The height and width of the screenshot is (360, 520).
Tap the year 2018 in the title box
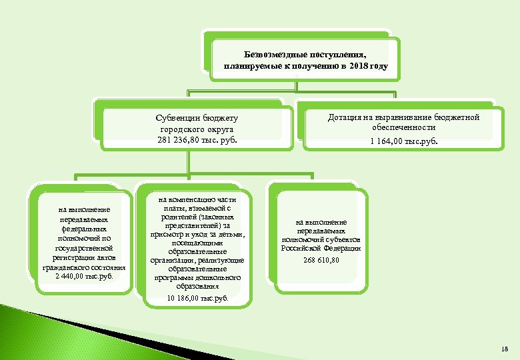tap(361, 67)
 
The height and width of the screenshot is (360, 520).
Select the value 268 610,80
tap(321, 259)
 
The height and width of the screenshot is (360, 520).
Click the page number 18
tap(503, 349)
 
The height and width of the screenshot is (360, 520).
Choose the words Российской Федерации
tap(321, 248)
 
